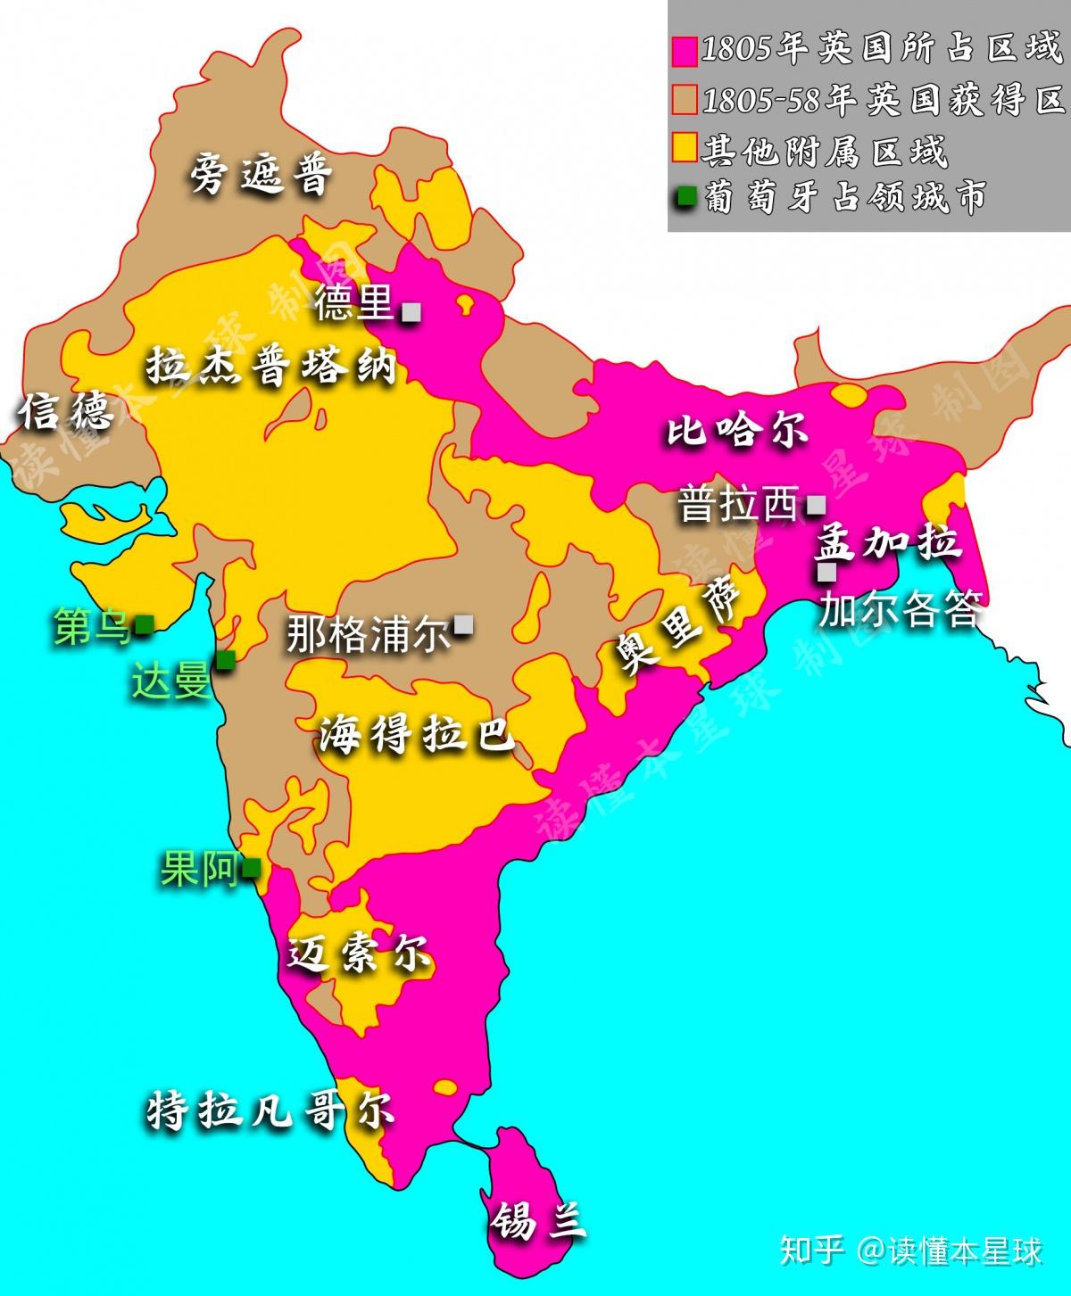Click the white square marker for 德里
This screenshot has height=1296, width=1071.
[411, 312]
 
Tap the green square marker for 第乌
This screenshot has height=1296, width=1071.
[143, 624]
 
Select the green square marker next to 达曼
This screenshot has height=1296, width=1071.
[226, 659]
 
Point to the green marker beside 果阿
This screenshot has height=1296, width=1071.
[252, 866]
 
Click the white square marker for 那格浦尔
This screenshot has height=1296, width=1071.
[463, 625]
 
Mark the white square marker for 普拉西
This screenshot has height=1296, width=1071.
[815, 505]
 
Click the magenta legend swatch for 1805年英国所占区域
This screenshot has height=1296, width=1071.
[685, 50]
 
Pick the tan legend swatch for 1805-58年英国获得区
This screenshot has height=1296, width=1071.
[685, 99]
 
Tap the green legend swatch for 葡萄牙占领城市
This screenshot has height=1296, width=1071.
[685, 197]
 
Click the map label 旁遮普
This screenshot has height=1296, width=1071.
[261, 174]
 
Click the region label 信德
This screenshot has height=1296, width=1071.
[68, 411]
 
